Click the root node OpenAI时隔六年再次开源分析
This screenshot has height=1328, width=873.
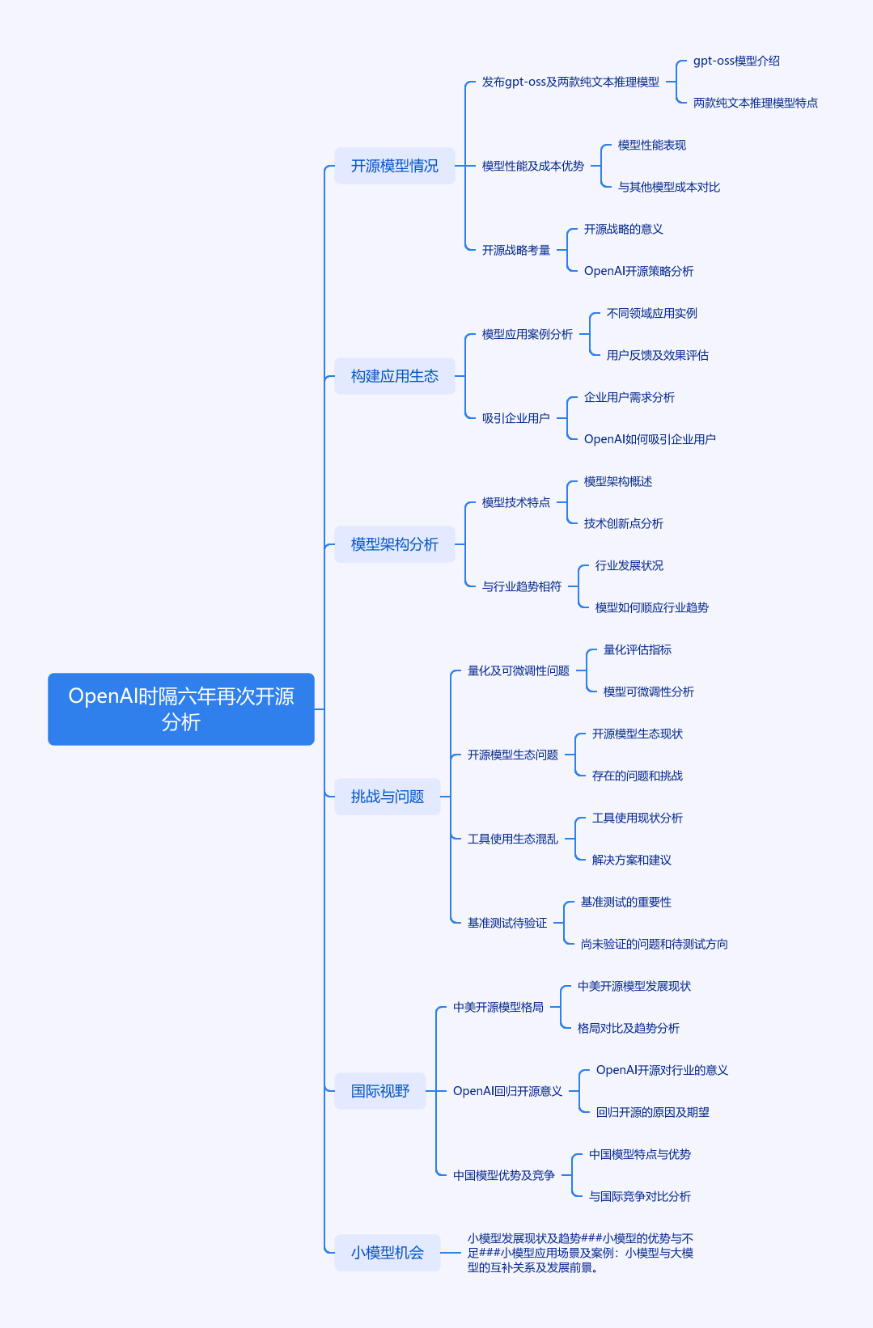coord(181,708)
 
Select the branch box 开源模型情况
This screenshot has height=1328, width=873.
coord(394,166)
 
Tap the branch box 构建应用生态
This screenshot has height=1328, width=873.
coord(394,376)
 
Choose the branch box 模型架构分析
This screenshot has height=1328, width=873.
coord(394,544)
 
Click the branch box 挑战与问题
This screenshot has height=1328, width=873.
coord(388,796)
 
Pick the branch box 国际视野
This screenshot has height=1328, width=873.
coord(380,1091)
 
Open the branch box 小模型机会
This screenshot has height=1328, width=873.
coord(388,1253)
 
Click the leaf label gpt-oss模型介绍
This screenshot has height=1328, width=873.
coord(736,61)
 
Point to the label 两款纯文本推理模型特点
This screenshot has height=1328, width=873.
coord(755,104)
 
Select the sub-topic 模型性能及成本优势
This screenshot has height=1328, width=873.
coord(532,166)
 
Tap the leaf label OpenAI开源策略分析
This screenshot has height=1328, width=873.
coord(638,271)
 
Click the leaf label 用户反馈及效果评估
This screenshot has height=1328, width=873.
coord(657,355)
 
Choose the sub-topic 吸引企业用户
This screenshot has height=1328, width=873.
coord(515,419)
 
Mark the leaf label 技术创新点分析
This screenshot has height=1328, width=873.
coord(623,523)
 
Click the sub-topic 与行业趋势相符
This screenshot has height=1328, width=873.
coord(521,586)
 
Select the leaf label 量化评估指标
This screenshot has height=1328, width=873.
coord(637,649)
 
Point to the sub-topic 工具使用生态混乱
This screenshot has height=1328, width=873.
coord(512,839)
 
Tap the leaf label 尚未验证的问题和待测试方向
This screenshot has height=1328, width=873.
coord(654,944)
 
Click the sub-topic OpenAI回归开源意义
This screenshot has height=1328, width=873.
coord(507,1091)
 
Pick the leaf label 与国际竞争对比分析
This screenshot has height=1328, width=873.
coord(639,1196)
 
